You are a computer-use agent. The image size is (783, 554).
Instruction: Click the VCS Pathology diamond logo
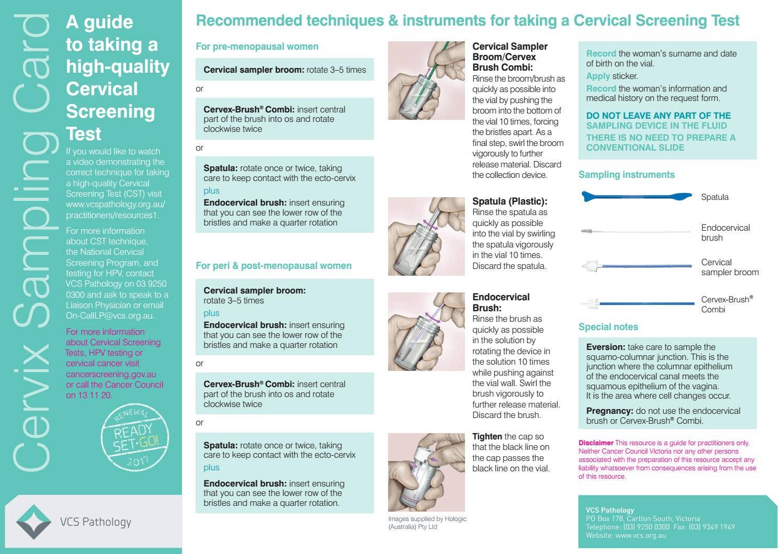[x=34, y=522]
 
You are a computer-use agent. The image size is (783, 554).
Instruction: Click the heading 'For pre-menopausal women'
[x=257, y=47]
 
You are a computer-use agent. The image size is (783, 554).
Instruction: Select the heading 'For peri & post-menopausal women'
[x=274, y=266]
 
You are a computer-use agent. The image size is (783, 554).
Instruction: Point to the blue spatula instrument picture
[x=636, y=197]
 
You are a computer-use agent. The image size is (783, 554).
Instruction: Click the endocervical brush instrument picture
[x=636, y=231]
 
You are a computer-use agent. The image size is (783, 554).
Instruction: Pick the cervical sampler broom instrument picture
[x=636, y=266]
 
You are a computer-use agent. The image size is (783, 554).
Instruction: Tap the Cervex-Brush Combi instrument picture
[x=637, y=303]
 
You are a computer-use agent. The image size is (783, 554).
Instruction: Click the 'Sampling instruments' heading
[x=626, y=175]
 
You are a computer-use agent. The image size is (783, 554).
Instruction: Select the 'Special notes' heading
[x=608, y=327]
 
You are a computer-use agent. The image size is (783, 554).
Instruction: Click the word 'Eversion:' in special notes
[x=605, y=347]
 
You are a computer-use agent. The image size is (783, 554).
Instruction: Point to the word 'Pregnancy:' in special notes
[x=609, y=411]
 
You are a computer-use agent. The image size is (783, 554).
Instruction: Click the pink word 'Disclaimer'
[x=595, y=443]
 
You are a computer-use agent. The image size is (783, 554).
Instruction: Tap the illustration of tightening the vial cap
[x=426, y=472]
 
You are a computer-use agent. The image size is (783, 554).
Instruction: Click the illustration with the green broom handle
[x=426, y=81]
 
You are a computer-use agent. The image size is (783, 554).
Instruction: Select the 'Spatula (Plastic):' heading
[x=509, y=201]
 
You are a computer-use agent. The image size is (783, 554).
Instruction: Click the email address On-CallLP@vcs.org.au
[x=110, y=316]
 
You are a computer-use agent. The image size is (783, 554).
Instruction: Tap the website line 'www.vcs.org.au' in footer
[x=641, y=535]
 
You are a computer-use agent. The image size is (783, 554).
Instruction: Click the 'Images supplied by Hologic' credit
[x=427, y=519]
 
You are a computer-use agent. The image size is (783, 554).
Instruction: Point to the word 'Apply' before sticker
[x=598, y=76]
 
